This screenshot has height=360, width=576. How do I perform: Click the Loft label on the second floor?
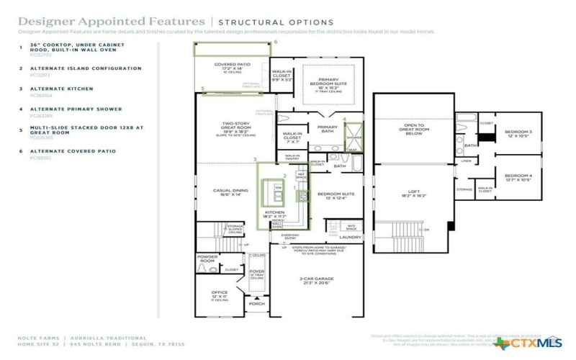(x=408, y=191)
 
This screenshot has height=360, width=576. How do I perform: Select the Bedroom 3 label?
(x=518, y=132)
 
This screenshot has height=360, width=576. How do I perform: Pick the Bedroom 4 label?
(x=518, y=176)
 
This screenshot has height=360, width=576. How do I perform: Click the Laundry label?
(x=350, y=236)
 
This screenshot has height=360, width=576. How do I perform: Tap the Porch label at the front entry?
(x=257, y=304)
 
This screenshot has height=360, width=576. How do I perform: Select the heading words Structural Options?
(x=276, y=23)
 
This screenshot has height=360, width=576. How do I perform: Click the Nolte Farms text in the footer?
(x=39, y=337)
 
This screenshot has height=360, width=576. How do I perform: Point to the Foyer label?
(x=257, y=271)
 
